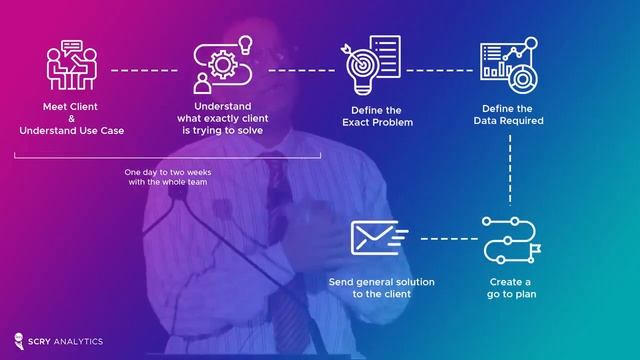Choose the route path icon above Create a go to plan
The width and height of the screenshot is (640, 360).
point(510,237)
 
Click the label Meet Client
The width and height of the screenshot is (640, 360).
point(70,107)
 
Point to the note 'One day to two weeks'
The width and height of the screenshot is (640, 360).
point(168,172)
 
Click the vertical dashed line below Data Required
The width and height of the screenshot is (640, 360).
point(510,170)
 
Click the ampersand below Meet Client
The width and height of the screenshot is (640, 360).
point(70,119)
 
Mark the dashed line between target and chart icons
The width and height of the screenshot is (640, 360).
point(437,70)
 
